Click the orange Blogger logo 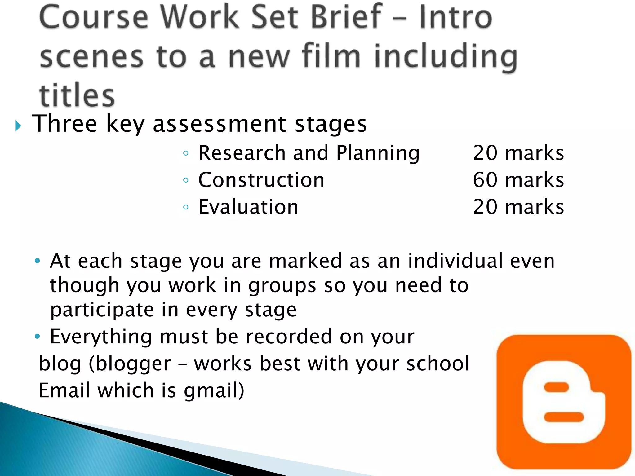click(564, 402)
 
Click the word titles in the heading click(77, 95)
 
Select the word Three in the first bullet click(64, 124)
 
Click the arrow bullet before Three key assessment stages click(18, 126)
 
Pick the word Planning click(378, 153)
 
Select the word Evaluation click(248, 207)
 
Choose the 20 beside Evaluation click(485, 207)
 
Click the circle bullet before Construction click(186, 180)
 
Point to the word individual click(455, 261)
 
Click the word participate click(102, 310)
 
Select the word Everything click(101, 337)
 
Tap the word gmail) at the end click(214, 390)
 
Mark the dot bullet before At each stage click(38, 261)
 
